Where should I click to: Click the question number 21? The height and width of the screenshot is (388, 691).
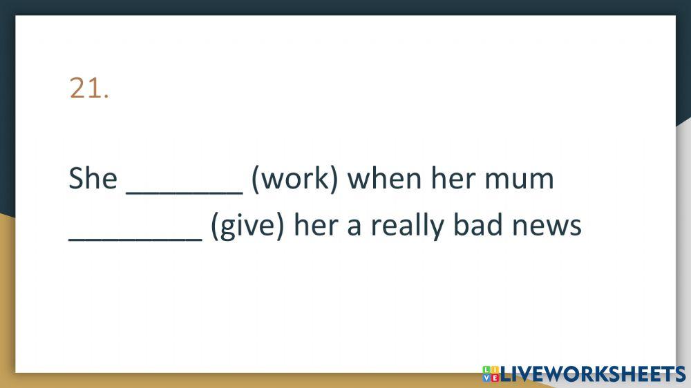(x=88, y=88)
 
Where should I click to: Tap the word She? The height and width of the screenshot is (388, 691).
(x=93, y=178)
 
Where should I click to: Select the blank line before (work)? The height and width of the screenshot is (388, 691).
(x=184, y=193)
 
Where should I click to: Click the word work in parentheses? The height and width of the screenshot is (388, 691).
(x=295, y=178)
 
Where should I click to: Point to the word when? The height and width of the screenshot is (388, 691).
(x=384, y=178)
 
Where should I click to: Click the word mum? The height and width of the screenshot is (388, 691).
(x=519, y=182)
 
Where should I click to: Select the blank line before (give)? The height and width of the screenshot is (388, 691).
(x=135, y=240)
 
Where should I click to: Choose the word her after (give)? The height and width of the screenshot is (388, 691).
(x=316, y=225)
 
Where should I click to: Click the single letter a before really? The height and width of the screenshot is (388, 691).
(x=354, y=228)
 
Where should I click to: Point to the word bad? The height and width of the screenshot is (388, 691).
(x=477, y=225)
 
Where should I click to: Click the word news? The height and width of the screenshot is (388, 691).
(x=547, y=228)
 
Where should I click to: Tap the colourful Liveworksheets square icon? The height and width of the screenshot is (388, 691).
(x=491, y=374)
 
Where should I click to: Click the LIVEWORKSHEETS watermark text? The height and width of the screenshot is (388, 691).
(x=593, y=374)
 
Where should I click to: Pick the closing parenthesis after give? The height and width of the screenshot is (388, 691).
(x=280, y=226)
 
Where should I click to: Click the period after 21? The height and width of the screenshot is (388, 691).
(x=106, y=97)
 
